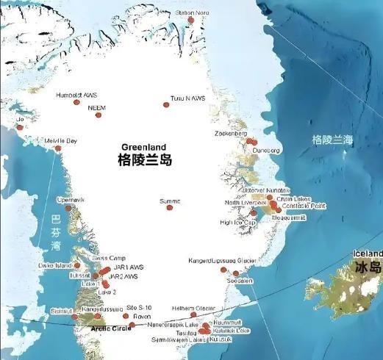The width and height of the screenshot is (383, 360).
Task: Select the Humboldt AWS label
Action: click(x=76, y=95)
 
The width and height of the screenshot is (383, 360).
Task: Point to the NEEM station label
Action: click(x=97, y=107)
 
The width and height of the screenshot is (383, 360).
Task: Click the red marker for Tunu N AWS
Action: click(x=166, y=105)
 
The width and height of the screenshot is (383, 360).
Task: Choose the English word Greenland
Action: click(x=143, y=145)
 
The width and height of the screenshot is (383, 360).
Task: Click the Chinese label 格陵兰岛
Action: click(x=144, y=159)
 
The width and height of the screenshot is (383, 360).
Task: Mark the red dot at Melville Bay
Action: click(x=58, y=148)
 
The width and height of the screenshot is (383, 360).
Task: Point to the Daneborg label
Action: click(x=267, y=150)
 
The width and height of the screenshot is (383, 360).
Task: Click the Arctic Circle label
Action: click(x=91, y=329)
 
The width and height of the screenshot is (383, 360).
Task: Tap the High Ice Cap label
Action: click(x=238, y=222)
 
